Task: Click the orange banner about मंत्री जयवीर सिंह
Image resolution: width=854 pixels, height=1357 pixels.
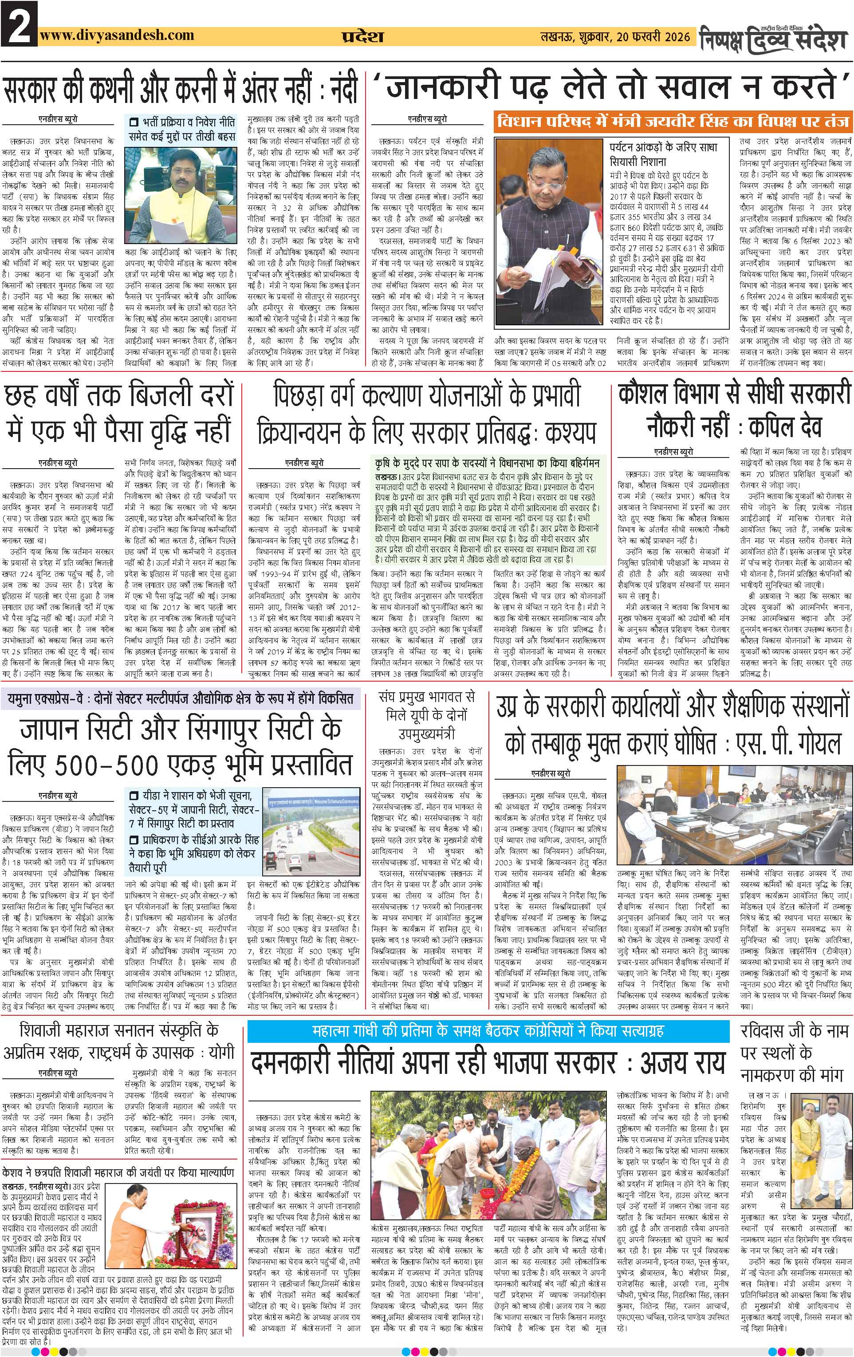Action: (x=673, y=121)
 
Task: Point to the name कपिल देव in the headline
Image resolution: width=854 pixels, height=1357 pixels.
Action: (x=785, y=426)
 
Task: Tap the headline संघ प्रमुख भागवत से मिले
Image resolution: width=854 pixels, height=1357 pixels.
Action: (x=426, y=714)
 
